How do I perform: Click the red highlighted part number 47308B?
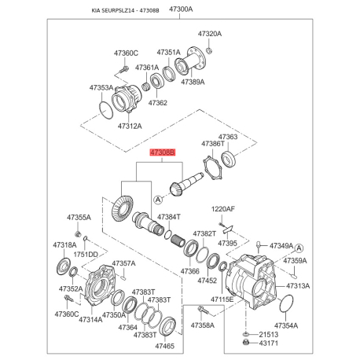(x=163, y=152)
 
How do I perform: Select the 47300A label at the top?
(x=181, y=9)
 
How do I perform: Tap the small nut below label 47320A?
(x=209, y=50)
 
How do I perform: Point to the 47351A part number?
(x=169, y=53)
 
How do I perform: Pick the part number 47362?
(x=158, y=103)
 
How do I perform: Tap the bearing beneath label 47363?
(x=229, y=160)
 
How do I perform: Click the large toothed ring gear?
(x=122, y=208)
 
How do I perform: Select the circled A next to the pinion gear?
(x=158, y=200)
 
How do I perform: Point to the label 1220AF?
(x=223, y=209)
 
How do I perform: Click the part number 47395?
(x=227, y=243)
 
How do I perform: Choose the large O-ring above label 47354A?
(x=286, y=303)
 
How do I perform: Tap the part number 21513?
(x=269, y=335)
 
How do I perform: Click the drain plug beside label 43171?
(x=246, y=343)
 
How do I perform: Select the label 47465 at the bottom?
(x=165, y=346)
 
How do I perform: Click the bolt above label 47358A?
(x=204, y=310)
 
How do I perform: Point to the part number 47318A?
(x=64, y=245)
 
